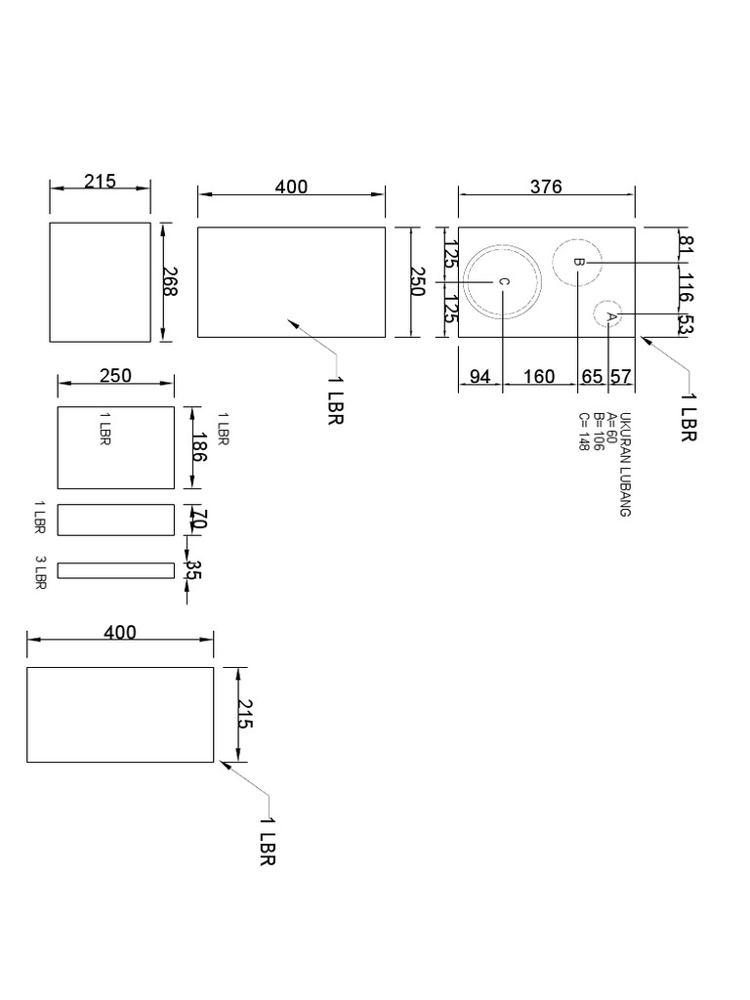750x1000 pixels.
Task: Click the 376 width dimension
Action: [x=546, y=187]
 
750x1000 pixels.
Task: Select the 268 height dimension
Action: [x=171, y=283]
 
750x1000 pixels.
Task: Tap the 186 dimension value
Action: [x=199, y=447]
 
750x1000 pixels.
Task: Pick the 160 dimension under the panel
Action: [x=539, y=377]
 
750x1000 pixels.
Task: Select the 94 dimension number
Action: [x=479, y=377]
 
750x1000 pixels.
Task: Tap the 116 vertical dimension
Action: [x=686, y=289]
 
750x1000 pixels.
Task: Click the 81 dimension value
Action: [x=686, y=244]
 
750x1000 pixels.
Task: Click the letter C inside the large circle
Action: [x=503, y=282]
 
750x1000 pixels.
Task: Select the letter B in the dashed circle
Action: [x=577, y=262]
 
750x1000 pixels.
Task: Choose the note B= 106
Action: [x=598, y=432]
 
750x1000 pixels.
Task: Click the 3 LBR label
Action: [x=41, y=572]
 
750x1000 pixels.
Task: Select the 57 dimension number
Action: [x=620, y=377]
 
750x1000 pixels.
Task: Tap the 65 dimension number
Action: [x=593, y=377]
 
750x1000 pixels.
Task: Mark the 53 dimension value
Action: [x=686, y=325]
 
